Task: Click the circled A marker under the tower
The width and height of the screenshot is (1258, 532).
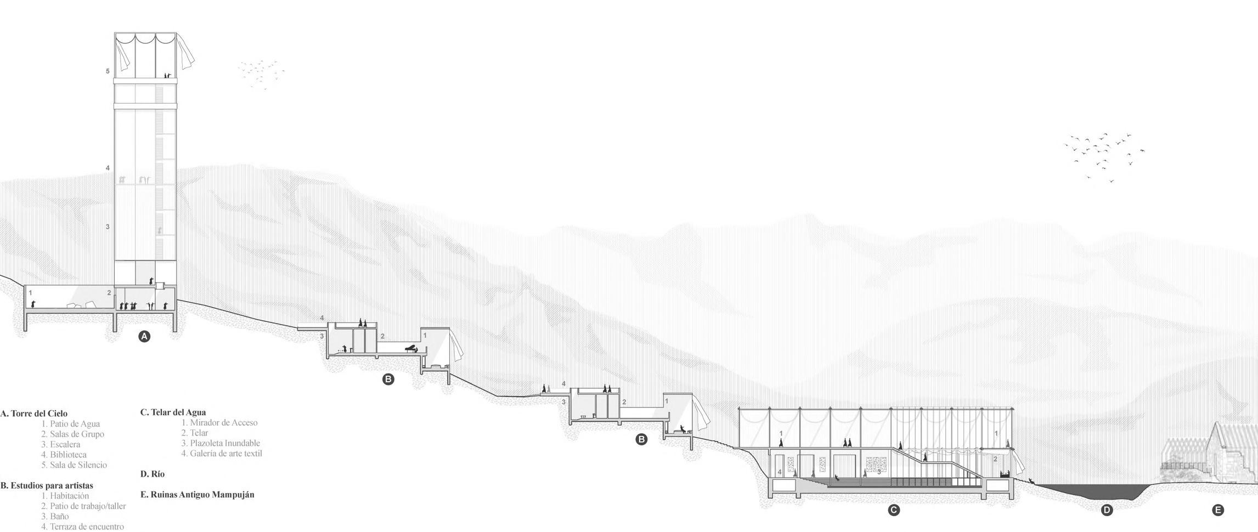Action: click(144, 336)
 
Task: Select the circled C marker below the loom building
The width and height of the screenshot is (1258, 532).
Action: click(893, 510)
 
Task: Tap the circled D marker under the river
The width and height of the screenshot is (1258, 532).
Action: click(1107, 510)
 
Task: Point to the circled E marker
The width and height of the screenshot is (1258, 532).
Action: click(1217, 510)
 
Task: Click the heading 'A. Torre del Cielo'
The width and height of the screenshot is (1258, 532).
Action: click(34, 414)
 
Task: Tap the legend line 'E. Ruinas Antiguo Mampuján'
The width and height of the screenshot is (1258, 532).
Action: click(198, 494)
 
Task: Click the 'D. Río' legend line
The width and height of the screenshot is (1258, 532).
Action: click(153, 474)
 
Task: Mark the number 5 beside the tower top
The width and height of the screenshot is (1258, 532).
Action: click(108, 71)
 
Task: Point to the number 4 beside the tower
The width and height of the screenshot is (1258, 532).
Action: click(108, 168)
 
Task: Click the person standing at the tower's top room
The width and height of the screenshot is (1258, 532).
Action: click(167, 76)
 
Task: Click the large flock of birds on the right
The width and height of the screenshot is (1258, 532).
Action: click(1103, 156)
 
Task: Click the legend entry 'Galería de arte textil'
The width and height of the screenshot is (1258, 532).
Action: click(222, 454)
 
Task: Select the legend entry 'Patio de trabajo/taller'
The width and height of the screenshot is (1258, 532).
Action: click(83, 506)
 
